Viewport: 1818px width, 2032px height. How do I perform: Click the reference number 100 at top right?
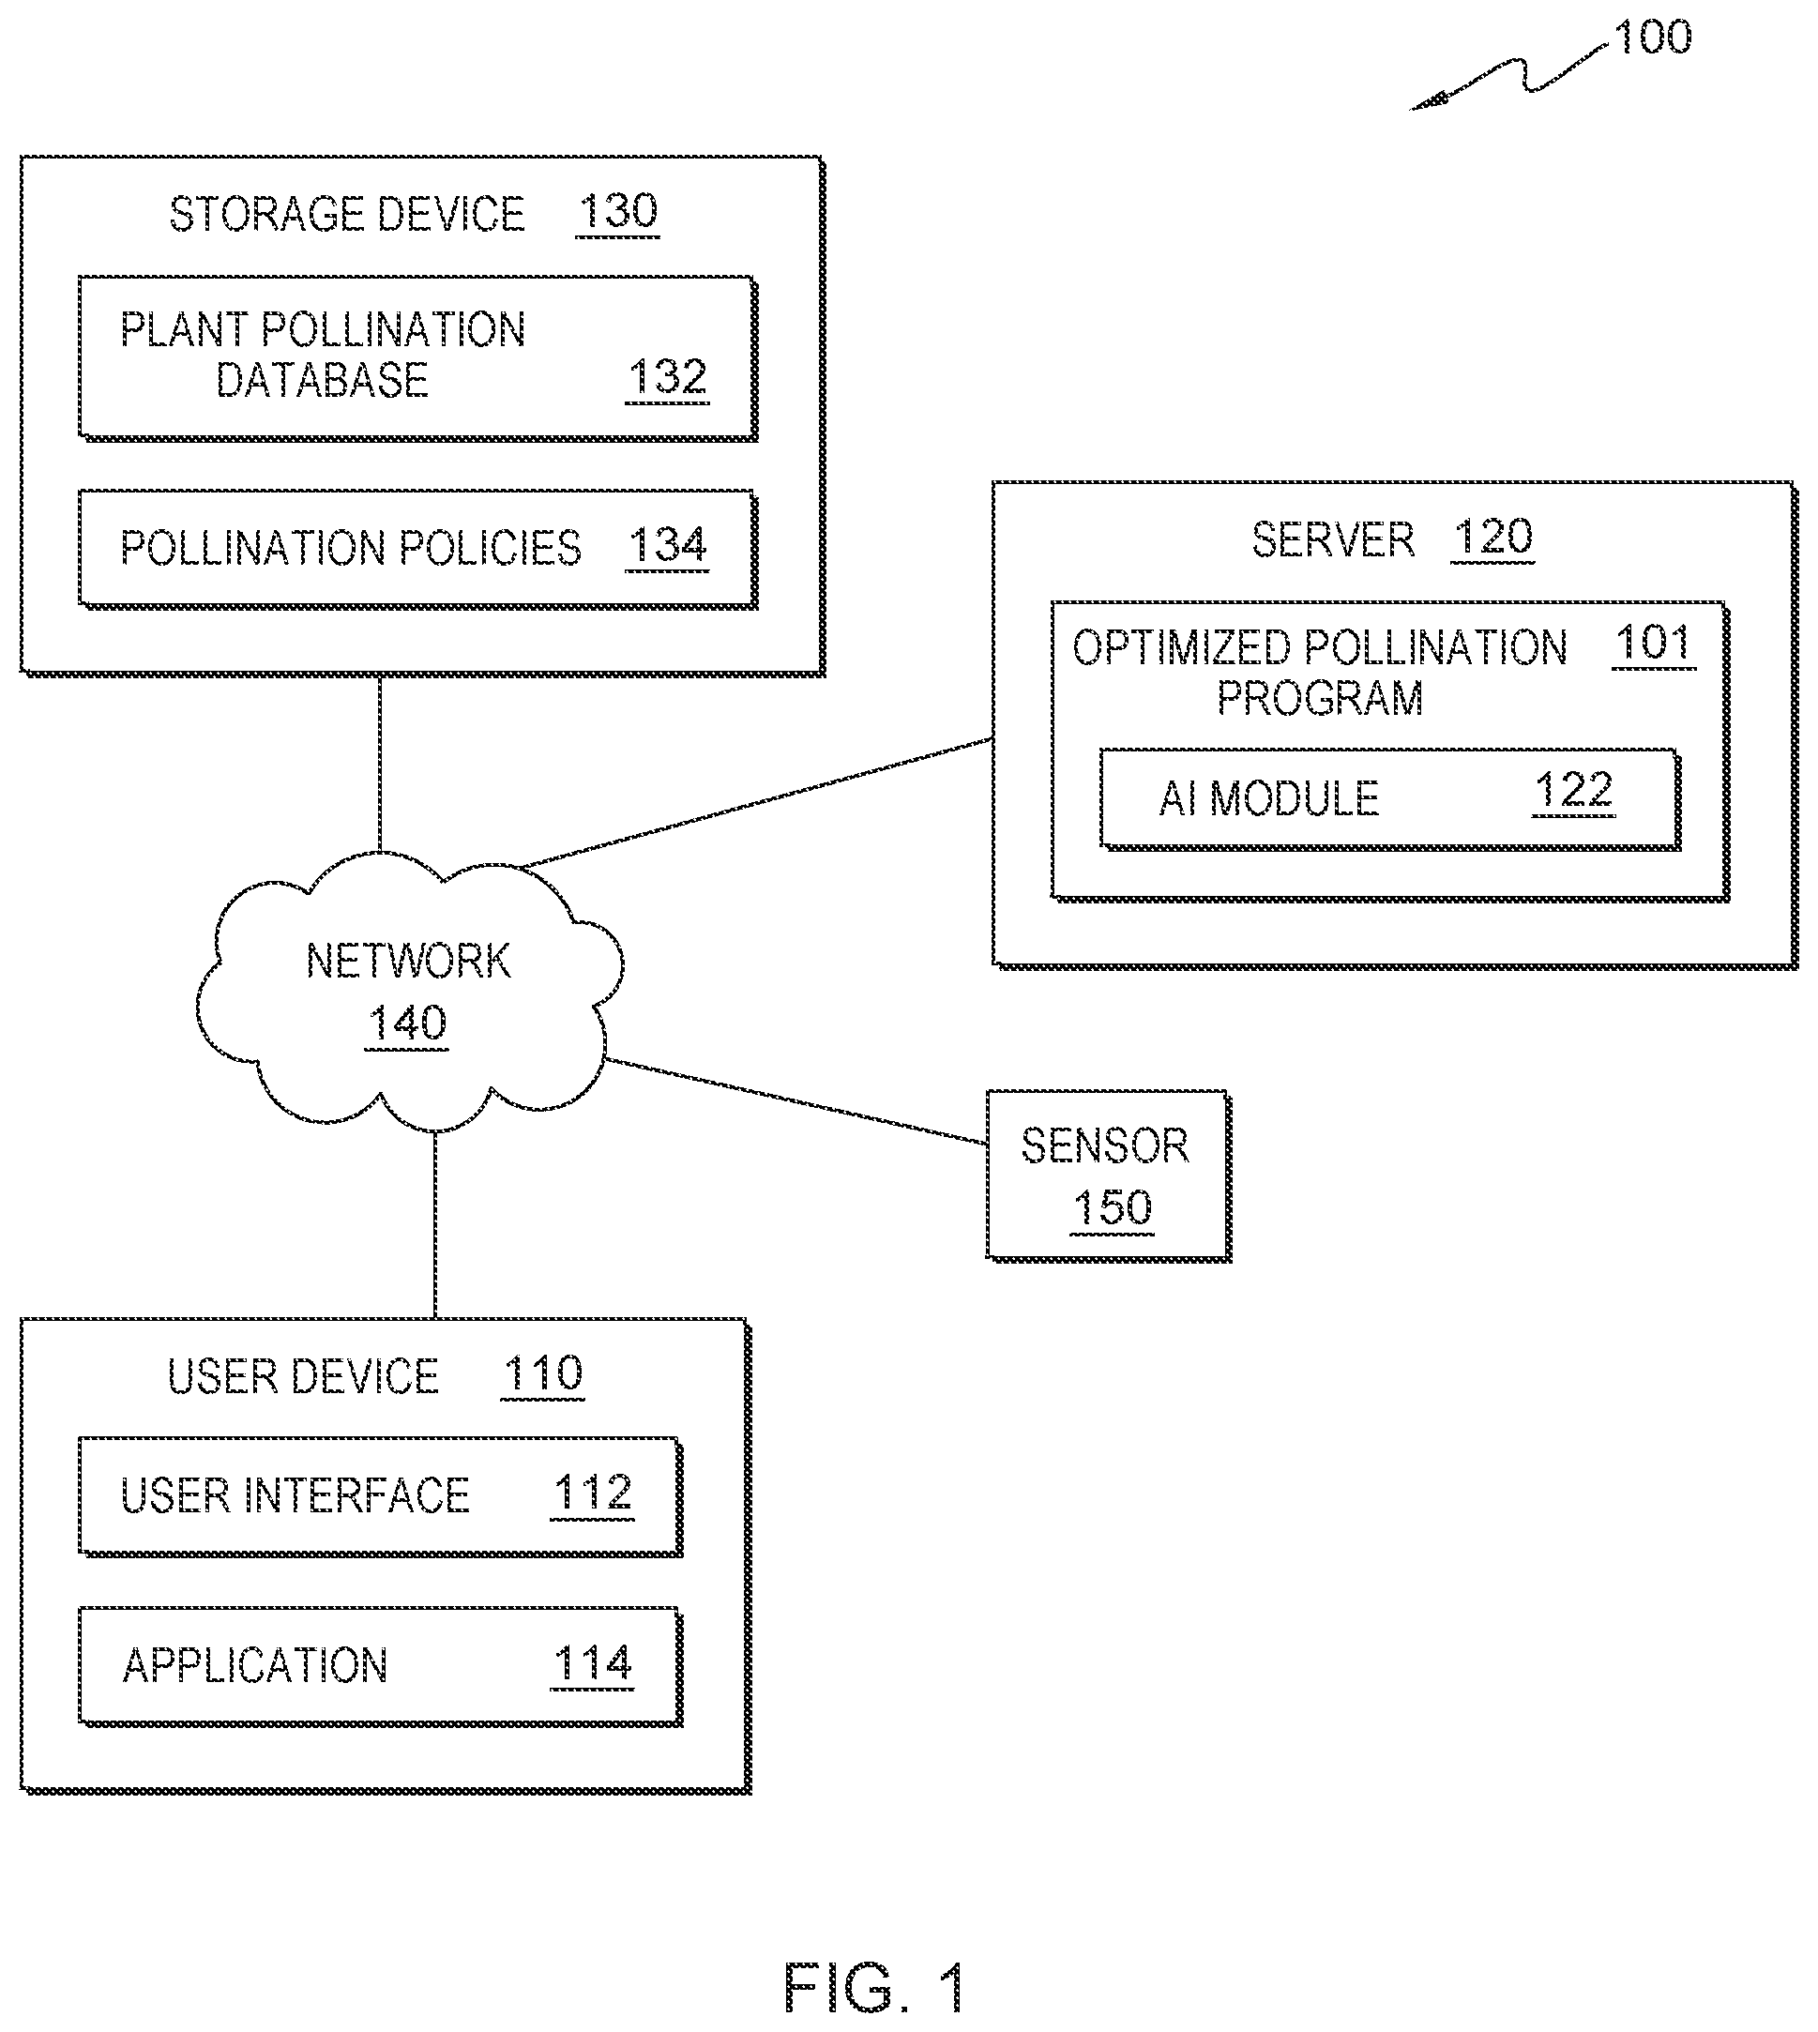1652,38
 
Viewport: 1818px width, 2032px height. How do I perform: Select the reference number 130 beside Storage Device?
617,212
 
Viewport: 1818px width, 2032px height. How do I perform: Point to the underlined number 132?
667,378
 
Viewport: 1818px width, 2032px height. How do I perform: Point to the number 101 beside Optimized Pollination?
1653,644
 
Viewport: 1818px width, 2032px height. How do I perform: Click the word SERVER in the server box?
1332,540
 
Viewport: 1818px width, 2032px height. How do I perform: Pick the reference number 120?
1492,538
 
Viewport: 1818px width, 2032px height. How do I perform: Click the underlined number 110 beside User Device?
542,1374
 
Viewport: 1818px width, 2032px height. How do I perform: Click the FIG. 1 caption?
875,1988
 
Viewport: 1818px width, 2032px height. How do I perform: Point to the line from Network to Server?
756,802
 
